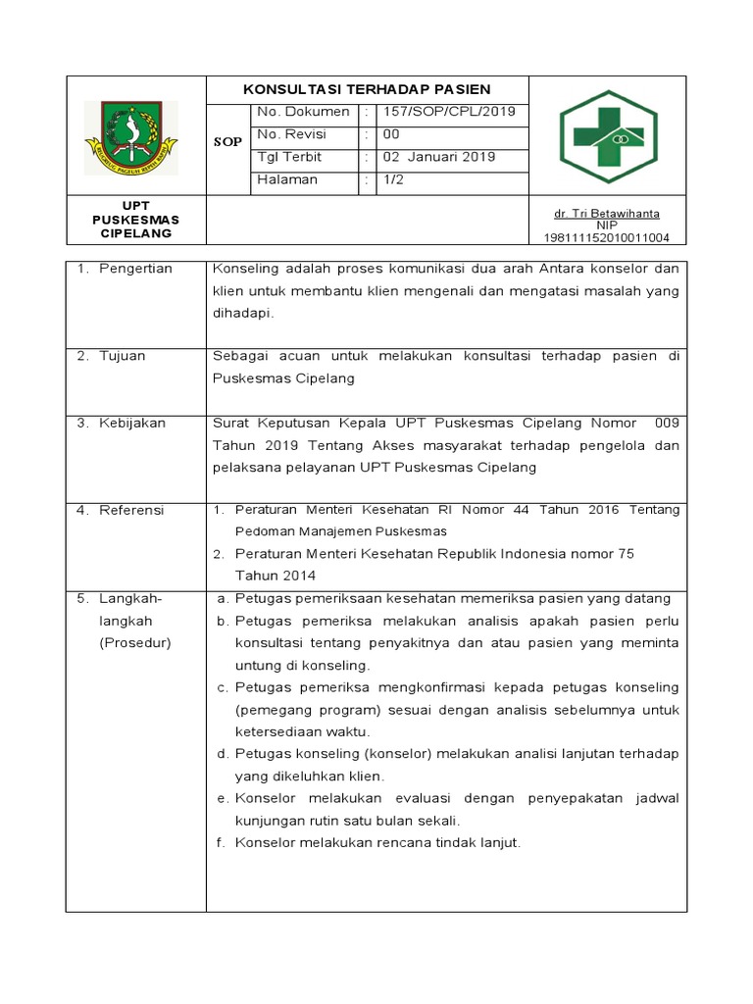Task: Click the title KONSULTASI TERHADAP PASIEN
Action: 367,89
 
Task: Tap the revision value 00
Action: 390,134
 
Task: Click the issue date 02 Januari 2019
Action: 438,157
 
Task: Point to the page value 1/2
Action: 393,179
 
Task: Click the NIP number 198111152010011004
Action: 606,237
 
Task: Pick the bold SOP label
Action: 227,143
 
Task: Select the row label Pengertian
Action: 135,269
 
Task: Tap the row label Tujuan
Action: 122,356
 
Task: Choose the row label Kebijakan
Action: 132,423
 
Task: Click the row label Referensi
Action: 131,510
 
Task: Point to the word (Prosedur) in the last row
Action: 135,643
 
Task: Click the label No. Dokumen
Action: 303,112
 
